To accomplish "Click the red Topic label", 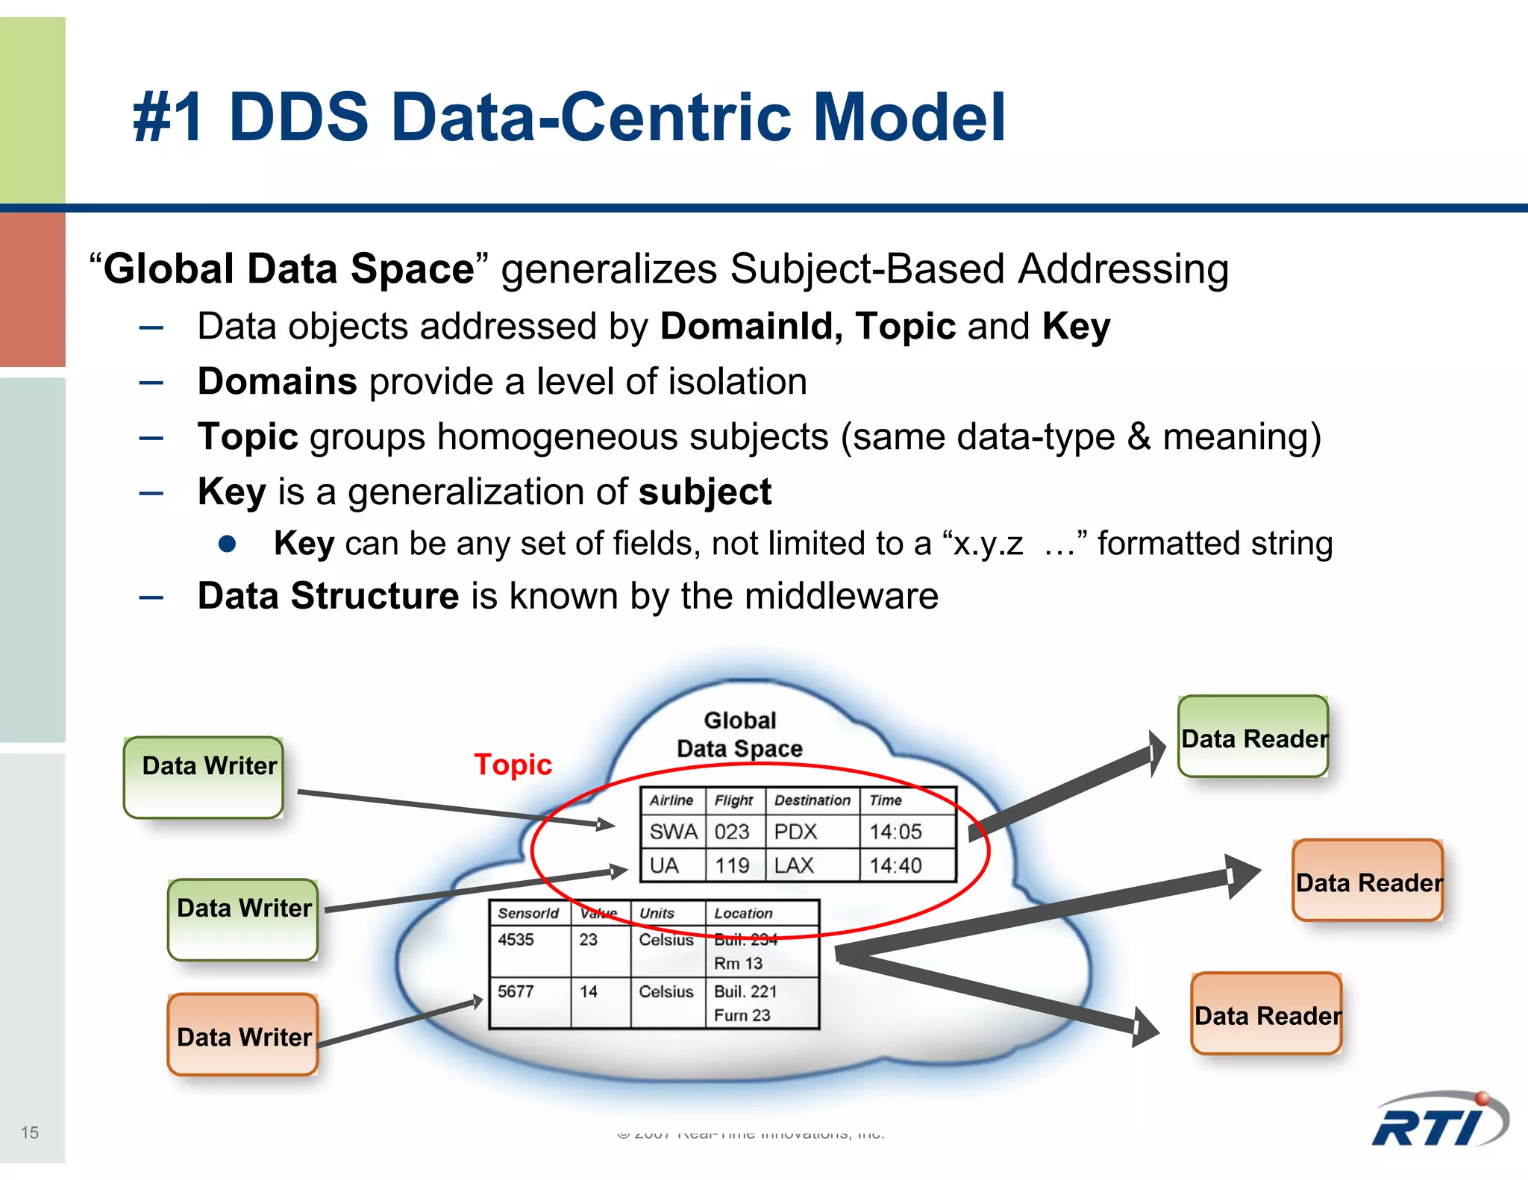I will click(513, 765).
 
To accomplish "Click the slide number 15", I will click(30, 1132).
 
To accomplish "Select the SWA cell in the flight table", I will click(673, 832).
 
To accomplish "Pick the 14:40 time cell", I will click(895, 865).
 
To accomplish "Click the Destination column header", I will click(812, 800).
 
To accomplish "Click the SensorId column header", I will click(528, 913).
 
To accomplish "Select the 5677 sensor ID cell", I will click(516, 991).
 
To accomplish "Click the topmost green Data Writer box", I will click(204, 776).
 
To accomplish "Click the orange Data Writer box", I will click(243, 1035).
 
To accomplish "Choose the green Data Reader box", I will click(1253, 737).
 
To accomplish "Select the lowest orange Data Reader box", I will click(1267, 1014).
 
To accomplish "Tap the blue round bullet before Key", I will click(228, 544).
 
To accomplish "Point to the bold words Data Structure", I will click(328, 596).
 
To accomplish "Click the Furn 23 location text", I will click(742, 1015).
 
